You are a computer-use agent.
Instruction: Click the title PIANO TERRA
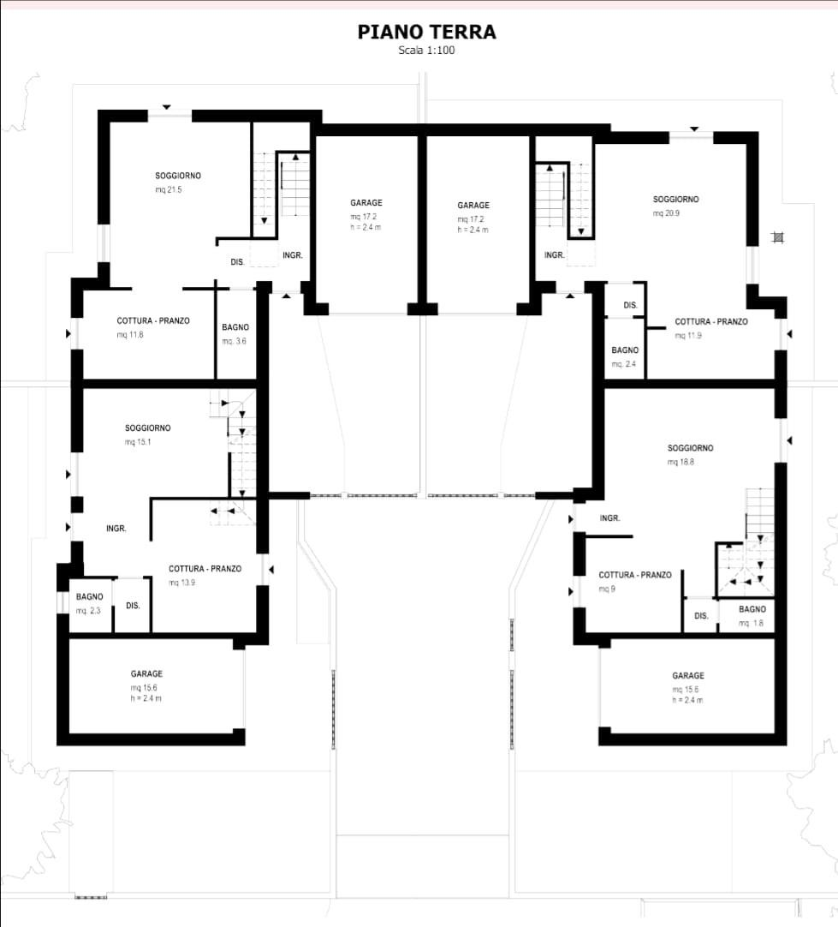[x=426, y=32]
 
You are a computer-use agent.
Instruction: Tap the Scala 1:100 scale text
[x=426, y=51]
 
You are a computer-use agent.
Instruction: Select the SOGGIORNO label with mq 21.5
[x=178, y=176]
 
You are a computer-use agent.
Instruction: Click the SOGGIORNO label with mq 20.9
[x=675, y=200]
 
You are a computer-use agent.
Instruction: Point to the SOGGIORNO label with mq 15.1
[x=147, y=428]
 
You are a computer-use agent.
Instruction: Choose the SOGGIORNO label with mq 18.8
[x=691, y=448]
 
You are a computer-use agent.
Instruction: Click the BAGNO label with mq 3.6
[x=235, y=327]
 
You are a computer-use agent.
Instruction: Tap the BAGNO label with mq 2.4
[x=625, y=350]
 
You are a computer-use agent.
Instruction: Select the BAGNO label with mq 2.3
[x=89, y=596]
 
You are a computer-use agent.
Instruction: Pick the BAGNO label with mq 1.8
[x=752, y=609]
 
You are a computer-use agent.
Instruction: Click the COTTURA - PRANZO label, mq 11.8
[x=153, y=320]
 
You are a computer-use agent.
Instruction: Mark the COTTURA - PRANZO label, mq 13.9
[x=205, y=569]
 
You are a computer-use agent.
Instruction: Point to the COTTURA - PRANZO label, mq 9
[x=635, y=575]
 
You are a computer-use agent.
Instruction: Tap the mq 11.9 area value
[x=688, y=336]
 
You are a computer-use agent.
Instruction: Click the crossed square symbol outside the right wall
[x=778, y=237]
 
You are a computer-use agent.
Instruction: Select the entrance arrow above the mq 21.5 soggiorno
[x=167, y=107]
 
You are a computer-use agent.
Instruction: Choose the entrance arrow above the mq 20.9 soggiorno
[x=694, y=129]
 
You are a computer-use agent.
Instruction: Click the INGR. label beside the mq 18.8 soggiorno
[x=610, y=517]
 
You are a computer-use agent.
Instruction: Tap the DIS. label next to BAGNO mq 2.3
[x=133, y=606]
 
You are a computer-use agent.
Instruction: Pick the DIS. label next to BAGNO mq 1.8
[x=701, y=615]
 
